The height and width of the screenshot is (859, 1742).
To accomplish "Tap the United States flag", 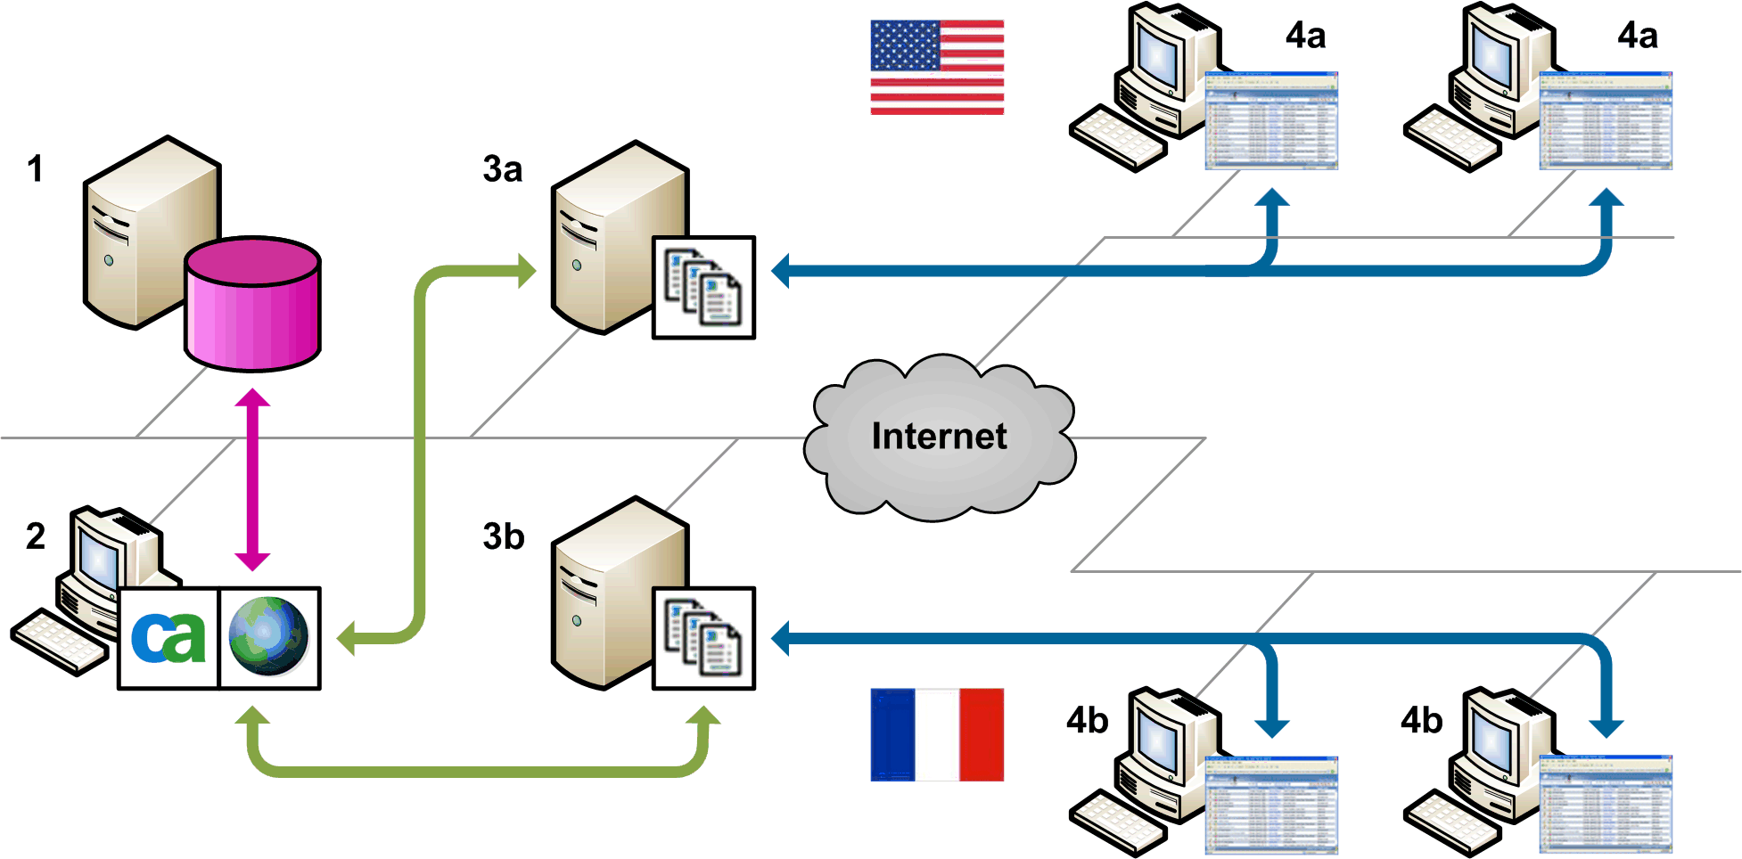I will click(x=937, y=68).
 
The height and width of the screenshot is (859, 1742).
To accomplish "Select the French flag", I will click(x=937, y=734).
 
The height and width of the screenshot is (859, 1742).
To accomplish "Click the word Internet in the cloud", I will click(x=939, y=437).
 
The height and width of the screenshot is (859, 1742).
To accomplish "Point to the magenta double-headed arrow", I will click(x=252, y=479).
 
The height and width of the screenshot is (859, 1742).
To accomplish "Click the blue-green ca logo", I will click(x=168, y=638).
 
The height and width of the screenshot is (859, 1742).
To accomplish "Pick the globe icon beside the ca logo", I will click(x=268, y=638).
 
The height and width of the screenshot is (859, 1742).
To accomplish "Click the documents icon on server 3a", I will click(x=703, y=287).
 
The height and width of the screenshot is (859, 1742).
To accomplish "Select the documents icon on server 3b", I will click(x=703, y=638).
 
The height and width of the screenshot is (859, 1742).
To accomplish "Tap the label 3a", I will click(x=503, y=169).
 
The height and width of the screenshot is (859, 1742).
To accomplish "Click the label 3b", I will click(x=504, y=537).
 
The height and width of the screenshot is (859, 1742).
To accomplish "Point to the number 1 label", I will click(x=36, y=169).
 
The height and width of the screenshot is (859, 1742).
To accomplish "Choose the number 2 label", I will click(x=36, y=536).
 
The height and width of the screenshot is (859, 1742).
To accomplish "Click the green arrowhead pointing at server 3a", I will click(x=527, y=270).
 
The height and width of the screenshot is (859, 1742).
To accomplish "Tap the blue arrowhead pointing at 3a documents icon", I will click(x=781, y=270).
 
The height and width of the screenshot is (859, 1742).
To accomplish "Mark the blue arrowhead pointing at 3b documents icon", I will click(x=781, y=639).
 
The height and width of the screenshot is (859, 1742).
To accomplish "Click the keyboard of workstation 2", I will click(x=59, y=642).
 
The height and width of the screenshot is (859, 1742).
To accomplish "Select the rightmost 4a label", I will click(x=1638, y=37).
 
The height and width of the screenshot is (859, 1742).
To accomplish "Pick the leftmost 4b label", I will click(x=1087, y=720).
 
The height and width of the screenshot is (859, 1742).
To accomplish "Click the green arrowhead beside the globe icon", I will click(x=347, y=638).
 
